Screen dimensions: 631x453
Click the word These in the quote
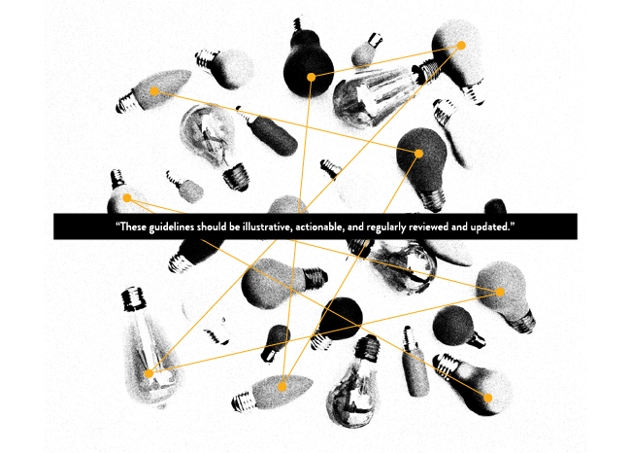[x=133, y=226]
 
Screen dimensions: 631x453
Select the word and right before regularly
[x=355, y=226]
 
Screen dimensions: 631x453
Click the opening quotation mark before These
[x=117, y=224]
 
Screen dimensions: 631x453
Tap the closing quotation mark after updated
[x=513, y=224]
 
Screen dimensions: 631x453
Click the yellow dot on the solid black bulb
[x=311, y=77]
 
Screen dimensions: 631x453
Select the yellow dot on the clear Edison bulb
[x=149, y=373]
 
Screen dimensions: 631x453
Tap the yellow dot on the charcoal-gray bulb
[x=419, y=154]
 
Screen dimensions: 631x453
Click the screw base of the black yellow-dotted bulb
[x=298, y=24]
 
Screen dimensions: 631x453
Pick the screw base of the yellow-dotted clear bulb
[x=134, y=298]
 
